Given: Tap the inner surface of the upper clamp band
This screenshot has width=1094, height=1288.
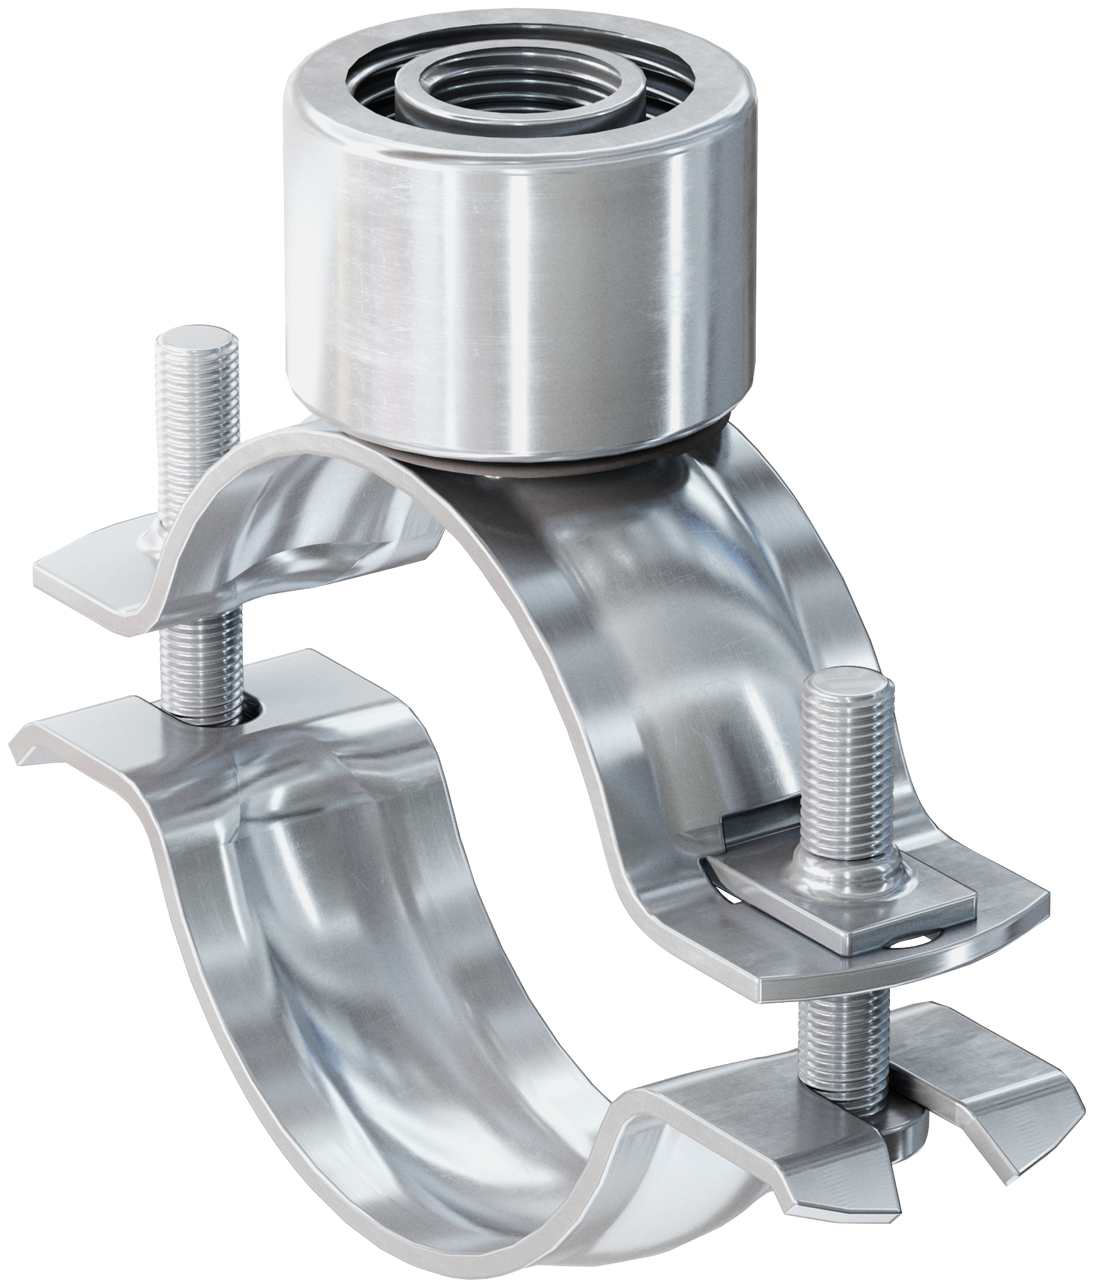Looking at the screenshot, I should pyautogui.click(x=640, y=640).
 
